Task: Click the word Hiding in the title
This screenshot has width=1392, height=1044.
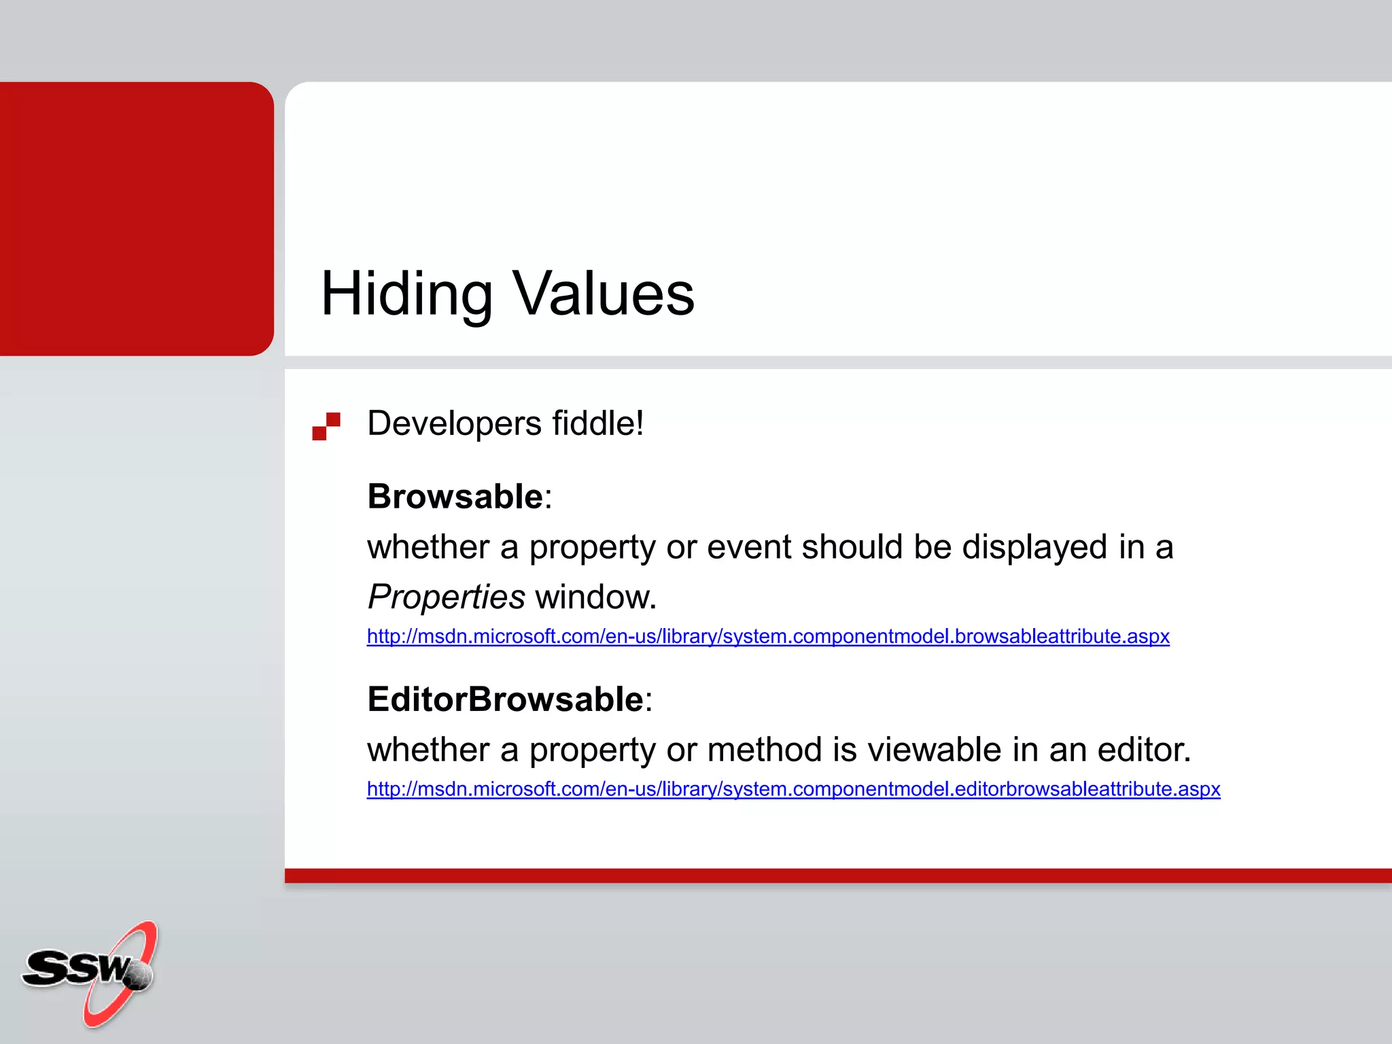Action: [406, 294]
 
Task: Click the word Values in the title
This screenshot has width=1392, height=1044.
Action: [603, 294]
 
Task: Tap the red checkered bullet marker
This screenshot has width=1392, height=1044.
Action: [326, 426]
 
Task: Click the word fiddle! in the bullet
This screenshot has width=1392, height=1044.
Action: [597, 423]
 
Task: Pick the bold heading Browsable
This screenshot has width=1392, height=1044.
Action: [455, 496]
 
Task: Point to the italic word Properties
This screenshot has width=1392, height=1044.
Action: [446, 597]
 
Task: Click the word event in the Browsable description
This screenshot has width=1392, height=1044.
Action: [749, 547]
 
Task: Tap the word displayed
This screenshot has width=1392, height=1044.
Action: [1034, 547]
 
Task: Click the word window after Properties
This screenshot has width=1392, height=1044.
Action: [595, 597]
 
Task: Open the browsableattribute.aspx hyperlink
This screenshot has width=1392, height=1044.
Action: [768, 636]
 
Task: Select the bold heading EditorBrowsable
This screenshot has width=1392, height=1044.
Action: [505, 699]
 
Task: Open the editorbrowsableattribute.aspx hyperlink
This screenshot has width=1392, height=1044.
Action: [793, 789]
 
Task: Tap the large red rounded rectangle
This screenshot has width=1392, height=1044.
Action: [136, 218]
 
